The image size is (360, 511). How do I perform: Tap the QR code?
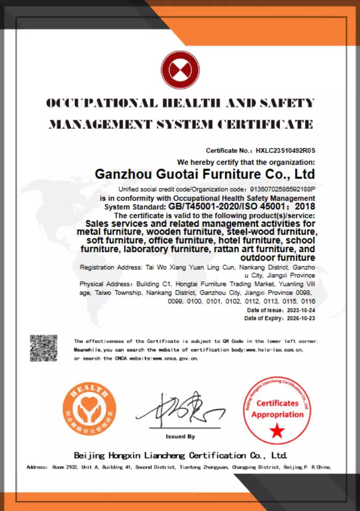[43, 348]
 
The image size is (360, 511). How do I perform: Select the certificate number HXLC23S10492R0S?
[285, 151]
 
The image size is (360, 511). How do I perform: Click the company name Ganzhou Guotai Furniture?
[205, 174]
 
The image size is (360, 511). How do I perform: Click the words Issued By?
[180, 436]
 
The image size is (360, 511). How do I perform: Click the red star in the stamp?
[278, 431]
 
